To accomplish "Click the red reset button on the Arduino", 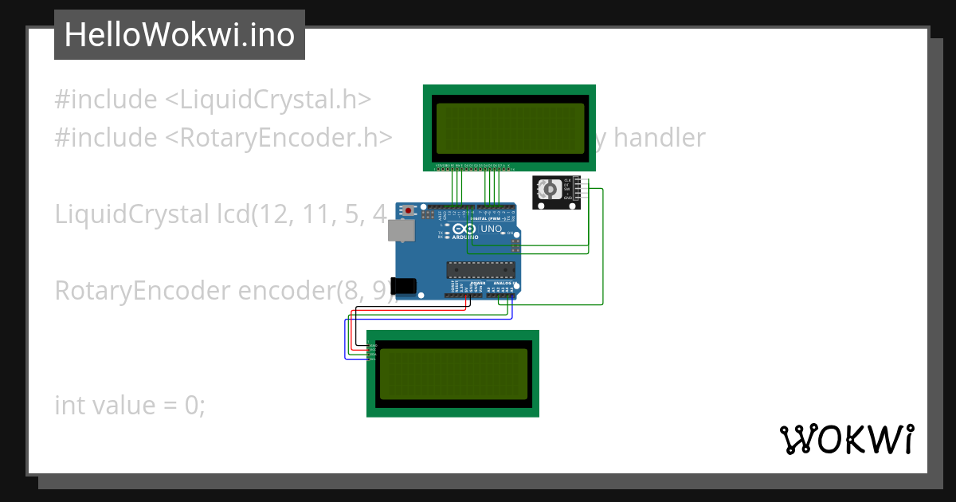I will pos(409,211).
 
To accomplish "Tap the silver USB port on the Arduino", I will pos(401,230).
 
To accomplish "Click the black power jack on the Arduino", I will pos(406,285).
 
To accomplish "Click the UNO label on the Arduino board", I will pos(492,229).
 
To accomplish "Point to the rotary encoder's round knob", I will pos(549,190).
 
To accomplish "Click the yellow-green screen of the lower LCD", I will pos(453,374).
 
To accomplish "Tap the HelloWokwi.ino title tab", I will pos(179,35).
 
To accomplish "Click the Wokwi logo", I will pos(846,440).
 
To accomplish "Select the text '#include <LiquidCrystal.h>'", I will pos(213,100).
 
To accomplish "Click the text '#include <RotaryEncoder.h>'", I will pos(223,138).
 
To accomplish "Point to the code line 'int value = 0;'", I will pos(130,405).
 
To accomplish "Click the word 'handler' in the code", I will pos(659,138).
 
